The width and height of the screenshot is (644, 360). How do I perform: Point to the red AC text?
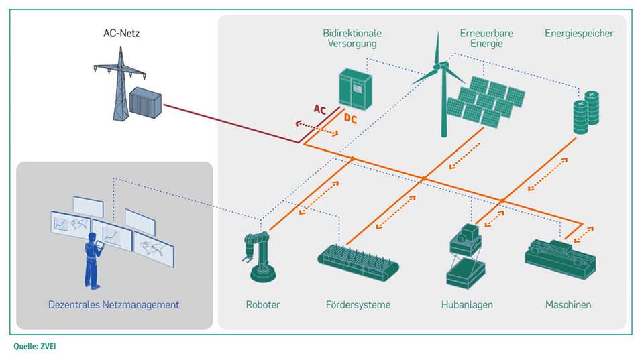pos(321,109)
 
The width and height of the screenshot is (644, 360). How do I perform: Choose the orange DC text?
pos(350,119)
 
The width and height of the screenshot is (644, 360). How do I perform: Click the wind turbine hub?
pos(443,65)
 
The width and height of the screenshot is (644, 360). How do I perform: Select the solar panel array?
pos(486,101)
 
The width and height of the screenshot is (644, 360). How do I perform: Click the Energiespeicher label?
pos(579,33)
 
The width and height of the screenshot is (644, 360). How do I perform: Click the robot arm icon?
pos(260,255)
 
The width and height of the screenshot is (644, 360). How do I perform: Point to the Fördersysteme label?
pos(358,305)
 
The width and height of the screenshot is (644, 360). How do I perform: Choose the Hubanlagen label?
pos(467,305)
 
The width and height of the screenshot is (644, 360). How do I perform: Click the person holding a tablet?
pos(93,261)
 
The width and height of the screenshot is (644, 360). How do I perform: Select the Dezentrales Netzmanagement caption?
pos(113,305)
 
